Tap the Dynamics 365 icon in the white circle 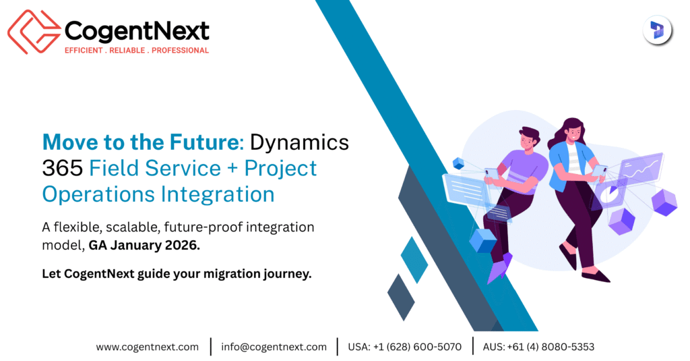pos(657,31)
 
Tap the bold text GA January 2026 pos(144,246)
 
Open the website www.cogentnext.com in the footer pos(147,347)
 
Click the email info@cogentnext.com pos(274,347)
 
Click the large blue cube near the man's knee pos(482,240)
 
